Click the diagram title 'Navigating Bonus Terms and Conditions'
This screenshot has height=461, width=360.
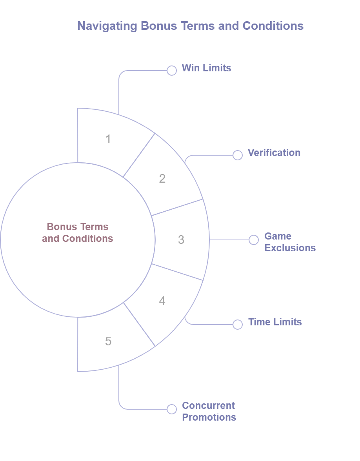pos(190,26)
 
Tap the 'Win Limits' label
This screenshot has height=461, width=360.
pos(206,68)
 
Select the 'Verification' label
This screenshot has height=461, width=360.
pos(274,152)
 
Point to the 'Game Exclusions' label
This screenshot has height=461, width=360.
pos(290,242)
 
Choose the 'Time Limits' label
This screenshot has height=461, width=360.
pos(275,322)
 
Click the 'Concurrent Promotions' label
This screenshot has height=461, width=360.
pos(209,411)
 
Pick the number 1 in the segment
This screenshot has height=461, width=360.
pos(108,139)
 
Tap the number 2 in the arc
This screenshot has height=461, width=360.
pos(162,179)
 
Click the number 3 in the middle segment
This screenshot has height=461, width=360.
pos(181,240)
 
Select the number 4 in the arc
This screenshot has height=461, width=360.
pos(162,301)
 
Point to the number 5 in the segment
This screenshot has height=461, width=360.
pos(108,341)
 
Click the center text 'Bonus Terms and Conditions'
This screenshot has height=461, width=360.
pos(78,232)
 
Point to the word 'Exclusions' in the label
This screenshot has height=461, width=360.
pos(290,248)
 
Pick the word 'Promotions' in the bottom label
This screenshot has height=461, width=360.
pos(209,417)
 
